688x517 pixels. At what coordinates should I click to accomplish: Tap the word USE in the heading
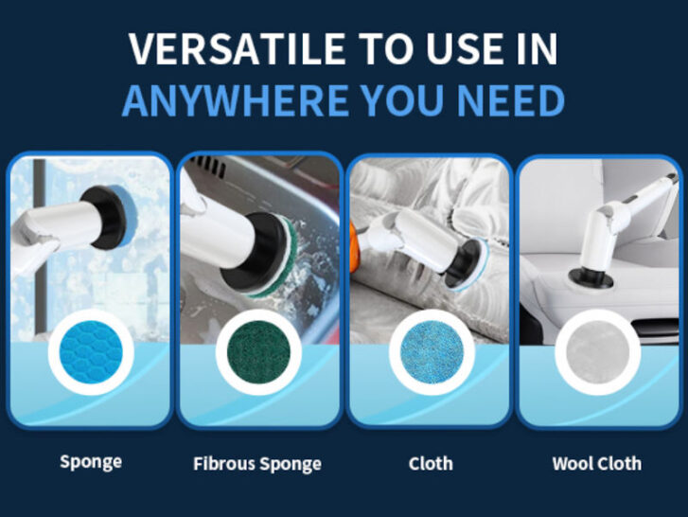point(465,48)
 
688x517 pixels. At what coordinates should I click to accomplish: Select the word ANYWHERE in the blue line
point(236,100)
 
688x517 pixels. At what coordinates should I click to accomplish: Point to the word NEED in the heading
point(510,100)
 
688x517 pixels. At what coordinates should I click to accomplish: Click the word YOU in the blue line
point(403,100)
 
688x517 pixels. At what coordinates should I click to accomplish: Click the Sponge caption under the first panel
point(91,463)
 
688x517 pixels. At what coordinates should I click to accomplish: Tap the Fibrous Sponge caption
point(257,464)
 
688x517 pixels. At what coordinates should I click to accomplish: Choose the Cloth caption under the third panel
point(431,463)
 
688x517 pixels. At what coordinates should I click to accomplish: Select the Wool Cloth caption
point(597,463)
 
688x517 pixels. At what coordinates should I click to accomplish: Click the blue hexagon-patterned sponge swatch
point(91,352)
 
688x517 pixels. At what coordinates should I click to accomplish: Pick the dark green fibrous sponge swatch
point(258,352)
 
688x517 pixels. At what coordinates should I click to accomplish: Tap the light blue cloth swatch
point(432,352)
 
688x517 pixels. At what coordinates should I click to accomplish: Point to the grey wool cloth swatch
point(597,352)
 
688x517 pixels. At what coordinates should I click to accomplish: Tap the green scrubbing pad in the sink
point(281,258)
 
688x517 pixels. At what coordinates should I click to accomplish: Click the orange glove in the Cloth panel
point(353,246)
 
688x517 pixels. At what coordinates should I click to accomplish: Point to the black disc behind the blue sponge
point(103,217)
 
